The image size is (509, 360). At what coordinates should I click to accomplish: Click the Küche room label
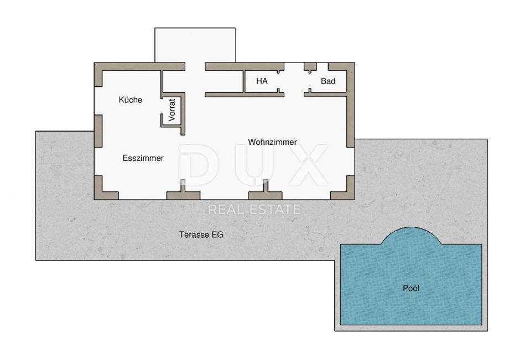coord(130,100)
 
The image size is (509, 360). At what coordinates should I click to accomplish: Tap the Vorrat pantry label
coord(172,110)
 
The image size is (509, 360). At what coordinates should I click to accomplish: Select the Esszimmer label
coord(143,158)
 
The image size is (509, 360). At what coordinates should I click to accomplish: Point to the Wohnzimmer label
coord(272,142)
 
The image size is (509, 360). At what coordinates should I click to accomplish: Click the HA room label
coord(262,81)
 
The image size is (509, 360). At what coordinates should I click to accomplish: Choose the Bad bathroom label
coord(328,81)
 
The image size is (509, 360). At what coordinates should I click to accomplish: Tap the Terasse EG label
coord(201,234)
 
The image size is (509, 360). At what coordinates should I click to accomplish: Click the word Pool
coord(411,288)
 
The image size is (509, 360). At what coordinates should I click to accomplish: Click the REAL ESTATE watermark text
coord(254,210)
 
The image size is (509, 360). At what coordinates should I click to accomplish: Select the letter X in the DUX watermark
coord(305,165)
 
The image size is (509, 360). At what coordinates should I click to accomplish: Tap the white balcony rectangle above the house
coord(195,45)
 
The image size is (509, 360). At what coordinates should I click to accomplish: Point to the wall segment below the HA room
coord(245,95)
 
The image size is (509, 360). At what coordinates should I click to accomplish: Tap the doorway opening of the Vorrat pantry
coord(162,106)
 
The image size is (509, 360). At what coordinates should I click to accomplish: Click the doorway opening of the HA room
coord(278,81)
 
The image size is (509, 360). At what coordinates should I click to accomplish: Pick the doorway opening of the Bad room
coord(310,81)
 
